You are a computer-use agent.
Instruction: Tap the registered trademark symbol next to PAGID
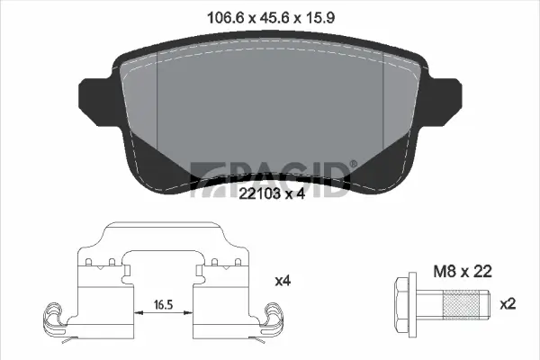pos(354,163)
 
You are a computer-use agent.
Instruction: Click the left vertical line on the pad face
pos(157,99)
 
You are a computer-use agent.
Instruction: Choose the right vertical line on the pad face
pos(383,99)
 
